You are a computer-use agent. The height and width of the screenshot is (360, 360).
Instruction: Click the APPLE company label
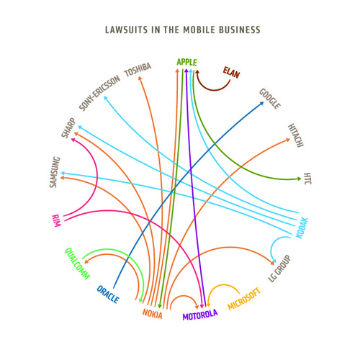[x=186, y=62]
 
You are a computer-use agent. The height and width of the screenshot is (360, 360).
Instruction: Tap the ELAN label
[x=231, y=73]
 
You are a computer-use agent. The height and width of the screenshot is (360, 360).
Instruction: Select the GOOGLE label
[x=270, y=99]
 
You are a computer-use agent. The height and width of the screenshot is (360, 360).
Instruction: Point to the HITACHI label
[x=296, y=135]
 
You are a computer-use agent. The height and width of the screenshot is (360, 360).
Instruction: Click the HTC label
[x=307, y=179]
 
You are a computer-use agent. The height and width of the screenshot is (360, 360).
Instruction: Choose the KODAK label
[x=302, y=228]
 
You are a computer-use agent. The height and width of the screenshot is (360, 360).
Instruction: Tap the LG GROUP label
[x=279, y=269]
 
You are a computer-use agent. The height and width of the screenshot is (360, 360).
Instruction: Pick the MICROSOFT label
[x=244, y=299]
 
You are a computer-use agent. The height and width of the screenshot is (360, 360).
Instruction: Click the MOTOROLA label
[x=200, y=315]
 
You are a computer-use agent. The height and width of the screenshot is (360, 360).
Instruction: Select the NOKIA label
[x=153, y=314]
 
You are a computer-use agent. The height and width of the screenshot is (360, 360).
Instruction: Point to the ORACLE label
[x=108, y=294]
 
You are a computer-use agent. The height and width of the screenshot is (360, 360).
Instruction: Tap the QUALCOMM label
[x=77, y=264]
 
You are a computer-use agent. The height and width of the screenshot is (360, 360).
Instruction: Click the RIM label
[x=56, y=221]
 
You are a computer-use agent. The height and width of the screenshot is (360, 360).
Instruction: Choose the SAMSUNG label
[x=55, y=172]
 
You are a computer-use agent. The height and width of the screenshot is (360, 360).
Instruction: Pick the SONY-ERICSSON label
[x=99, y=93]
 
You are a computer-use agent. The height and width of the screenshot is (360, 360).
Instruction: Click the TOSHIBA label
[x=138, y=70]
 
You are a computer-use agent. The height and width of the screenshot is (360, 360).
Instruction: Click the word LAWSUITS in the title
[x=126, y=30]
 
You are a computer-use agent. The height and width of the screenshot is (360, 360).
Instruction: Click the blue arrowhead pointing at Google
[x=261, y=104]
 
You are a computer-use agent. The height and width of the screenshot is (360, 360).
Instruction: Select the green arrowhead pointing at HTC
[x=300, y=179]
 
